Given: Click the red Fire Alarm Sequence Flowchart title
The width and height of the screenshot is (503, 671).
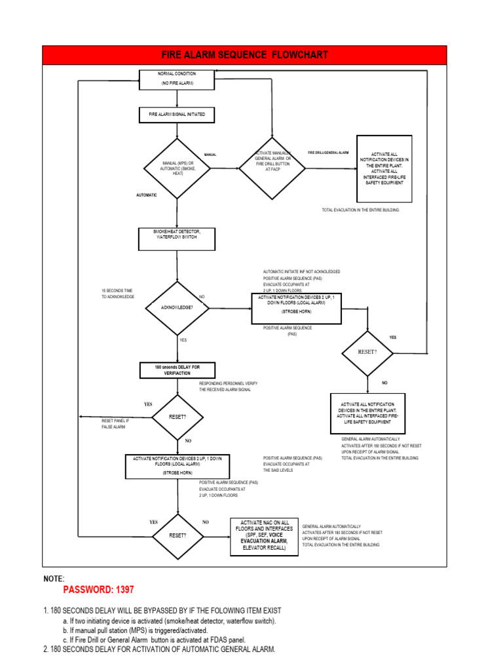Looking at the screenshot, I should pyautogui.click(x=245, y=55).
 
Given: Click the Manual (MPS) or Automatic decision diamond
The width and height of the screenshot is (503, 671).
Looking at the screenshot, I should pyautogui.click(x=177, y=168).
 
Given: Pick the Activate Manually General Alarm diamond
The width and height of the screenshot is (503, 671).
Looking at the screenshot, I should pyautogui.click(x=272, y=168).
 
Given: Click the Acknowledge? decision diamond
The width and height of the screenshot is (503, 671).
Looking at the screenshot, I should pyautogui.click(x=177, y=307).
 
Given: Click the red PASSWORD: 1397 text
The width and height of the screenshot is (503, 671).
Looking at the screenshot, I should pyautogui.click(x=99, y=590).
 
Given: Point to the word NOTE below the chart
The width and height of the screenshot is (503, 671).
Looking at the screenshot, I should pyautogui.click(x=54, y=579).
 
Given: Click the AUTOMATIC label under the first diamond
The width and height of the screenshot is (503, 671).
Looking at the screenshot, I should pyautogui.click(x=146, y=195).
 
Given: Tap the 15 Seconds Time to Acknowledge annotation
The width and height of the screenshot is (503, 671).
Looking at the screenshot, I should pyautogui.click(x=118, y=294).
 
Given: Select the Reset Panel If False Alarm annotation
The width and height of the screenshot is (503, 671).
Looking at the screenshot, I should pyautogui.click(x=113, y=424).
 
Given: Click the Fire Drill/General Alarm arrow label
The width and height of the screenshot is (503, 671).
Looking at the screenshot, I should pyautogui.click(x=328, y=153).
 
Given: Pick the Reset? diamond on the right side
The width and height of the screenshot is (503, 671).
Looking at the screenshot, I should pyautogui.click(x=368, y=353).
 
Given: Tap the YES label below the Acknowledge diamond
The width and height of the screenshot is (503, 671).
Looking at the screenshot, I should pyautogui.click(x=183, y=340).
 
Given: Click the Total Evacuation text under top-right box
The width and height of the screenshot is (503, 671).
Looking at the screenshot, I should pyautogui.click(x=360, y=210).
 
